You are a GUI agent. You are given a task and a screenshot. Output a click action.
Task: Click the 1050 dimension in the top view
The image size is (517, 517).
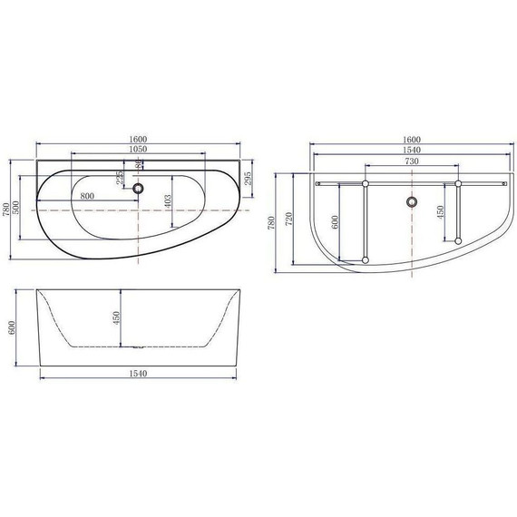click(x=138, y=149)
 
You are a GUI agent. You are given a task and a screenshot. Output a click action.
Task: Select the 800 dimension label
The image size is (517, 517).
click(x=88, y=195)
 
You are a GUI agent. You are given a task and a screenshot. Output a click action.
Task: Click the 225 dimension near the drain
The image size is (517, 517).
click(x=119, y=177)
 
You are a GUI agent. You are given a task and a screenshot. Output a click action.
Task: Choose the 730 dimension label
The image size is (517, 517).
click(x=412, y=160)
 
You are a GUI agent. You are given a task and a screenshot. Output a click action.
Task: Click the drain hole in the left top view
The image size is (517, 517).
click(x=138, y=189)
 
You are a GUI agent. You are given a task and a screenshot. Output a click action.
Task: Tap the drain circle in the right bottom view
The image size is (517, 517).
click(x=412, y=201)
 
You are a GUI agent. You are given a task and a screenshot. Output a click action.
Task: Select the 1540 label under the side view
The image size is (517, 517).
click(x=138, y=373)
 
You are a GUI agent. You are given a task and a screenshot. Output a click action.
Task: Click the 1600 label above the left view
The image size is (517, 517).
click(x=138, y=139)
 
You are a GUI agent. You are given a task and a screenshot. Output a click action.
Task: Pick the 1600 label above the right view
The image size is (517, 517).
click(x=412, y=139)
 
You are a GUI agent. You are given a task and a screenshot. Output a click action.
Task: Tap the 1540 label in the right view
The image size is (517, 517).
click(x=412, y=149)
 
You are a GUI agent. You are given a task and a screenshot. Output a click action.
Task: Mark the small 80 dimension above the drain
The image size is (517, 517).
click(x=138, y=164)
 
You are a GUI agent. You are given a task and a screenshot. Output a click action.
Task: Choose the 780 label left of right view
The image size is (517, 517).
click(x=268, y=222)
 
